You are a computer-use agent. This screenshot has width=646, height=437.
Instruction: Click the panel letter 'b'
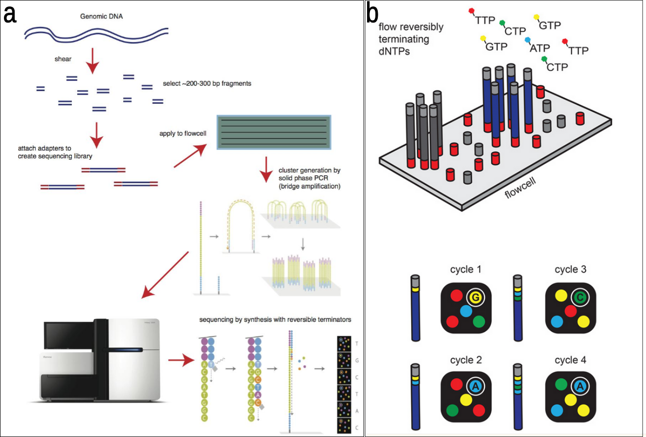371,14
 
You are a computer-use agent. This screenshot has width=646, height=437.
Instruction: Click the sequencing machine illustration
102,362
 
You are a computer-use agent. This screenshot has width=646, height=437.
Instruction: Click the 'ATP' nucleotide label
540,48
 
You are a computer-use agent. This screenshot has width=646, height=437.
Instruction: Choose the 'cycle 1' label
466,269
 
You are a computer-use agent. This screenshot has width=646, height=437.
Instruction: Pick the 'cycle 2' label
466,360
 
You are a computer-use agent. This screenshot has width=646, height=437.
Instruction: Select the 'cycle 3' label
571,269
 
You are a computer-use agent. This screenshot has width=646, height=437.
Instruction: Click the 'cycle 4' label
571,360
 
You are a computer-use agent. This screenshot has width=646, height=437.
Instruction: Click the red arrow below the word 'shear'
92,62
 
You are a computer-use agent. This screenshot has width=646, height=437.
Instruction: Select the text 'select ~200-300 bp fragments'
207,84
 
